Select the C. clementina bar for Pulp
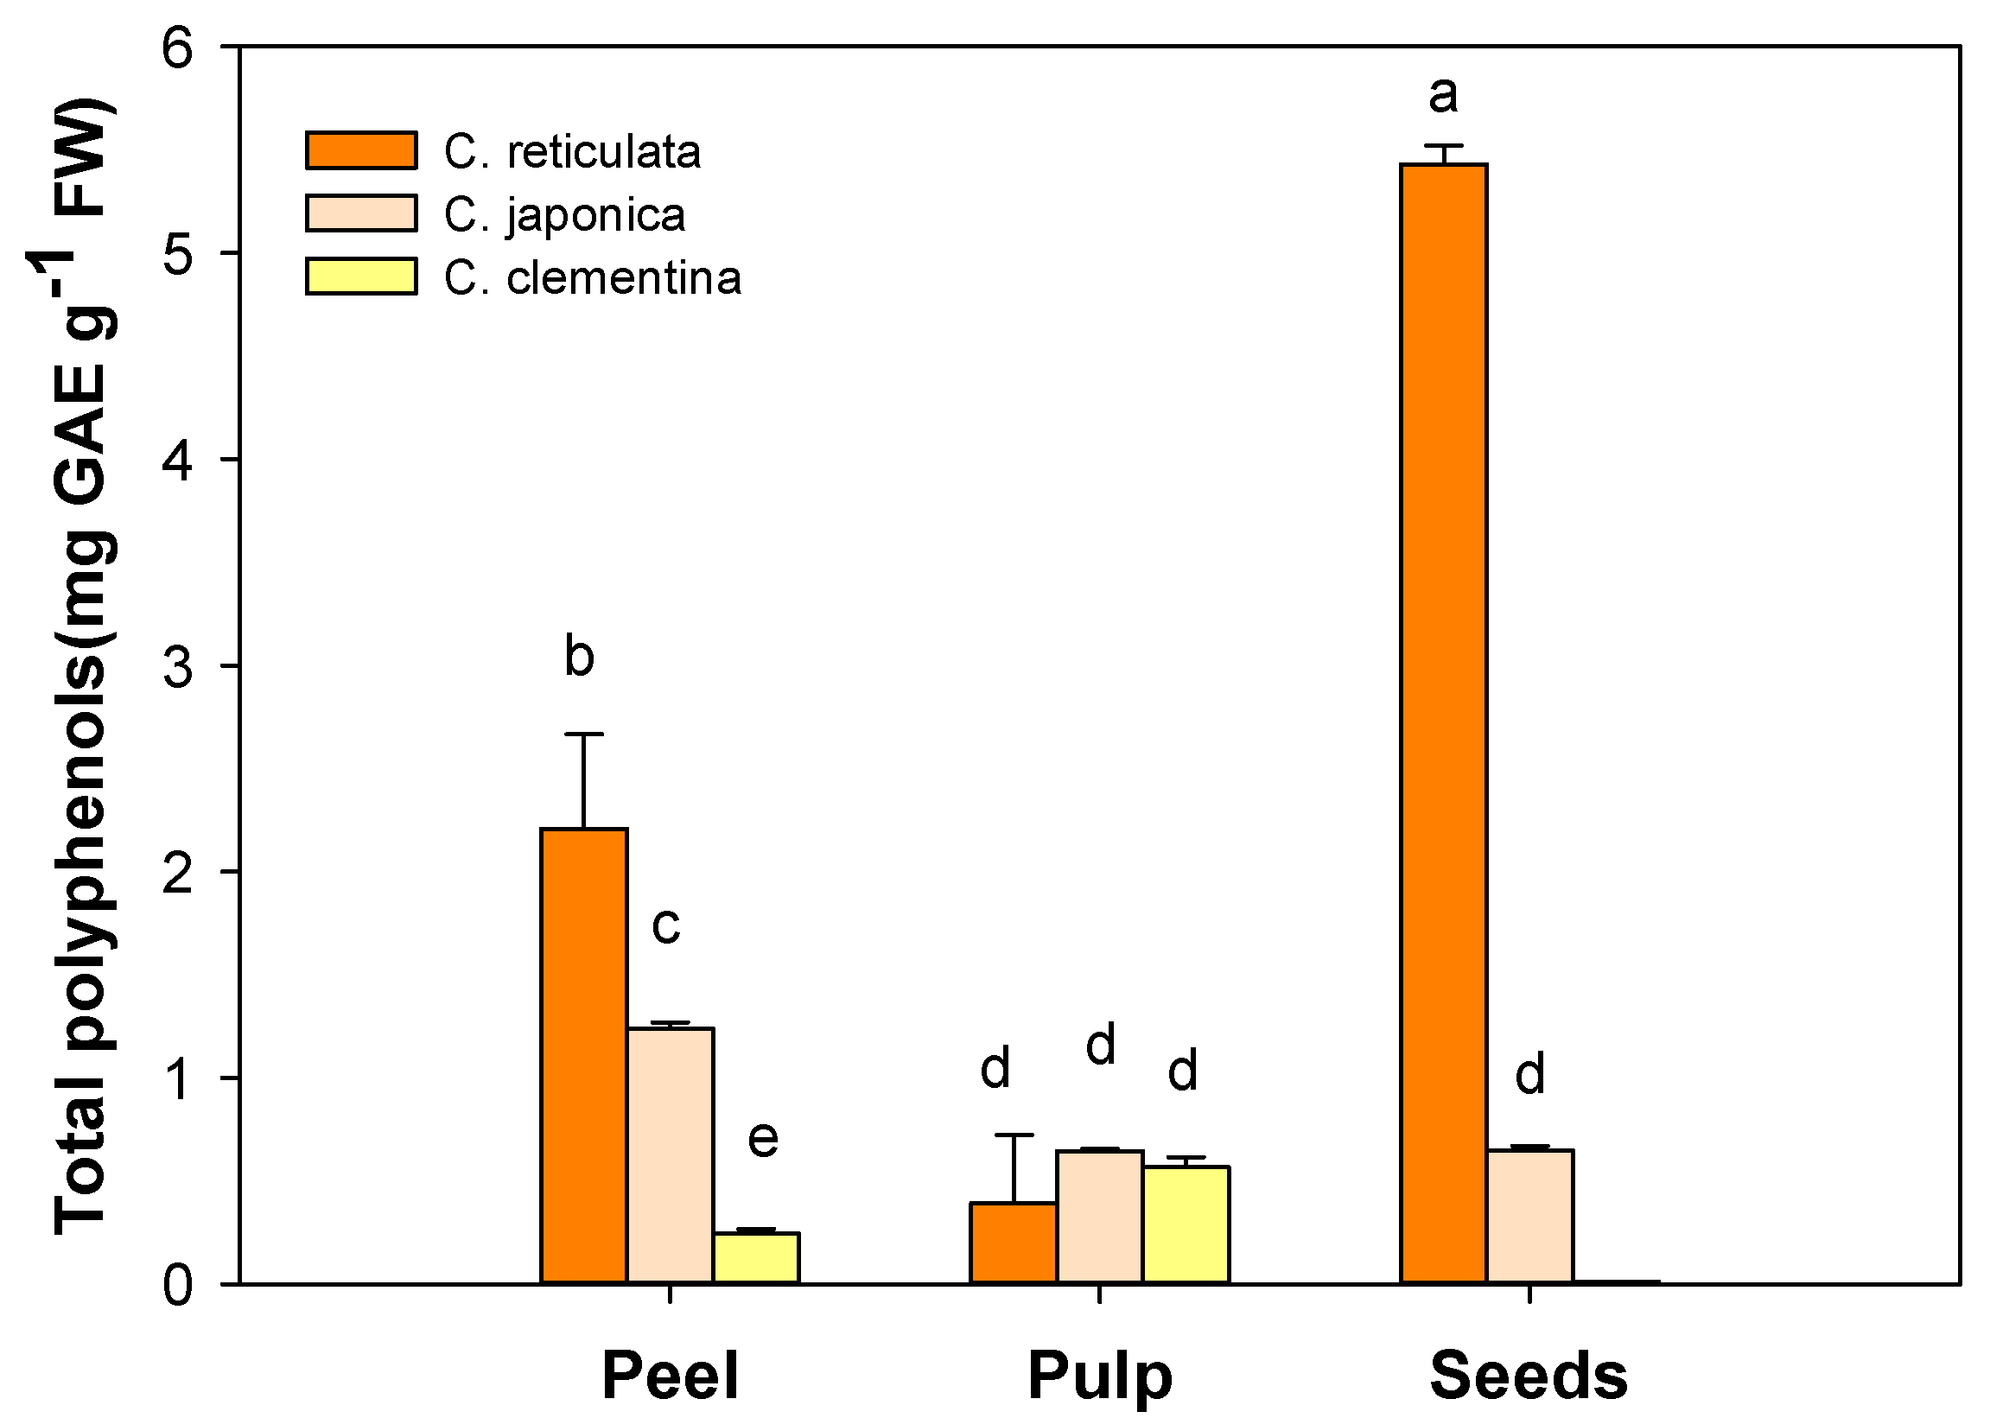tap(1186, 1224)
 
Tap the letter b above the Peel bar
tap(579, 656)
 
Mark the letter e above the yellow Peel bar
tap(762, 1140)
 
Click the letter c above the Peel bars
tap(665, 926)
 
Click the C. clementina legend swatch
tap(360, 277)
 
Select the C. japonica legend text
tap(564, 215)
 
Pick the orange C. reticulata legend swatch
tap(360, 150)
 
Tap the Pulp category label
tap(1098, 1376)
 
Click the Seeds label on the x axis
tap(1528, 1375)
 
